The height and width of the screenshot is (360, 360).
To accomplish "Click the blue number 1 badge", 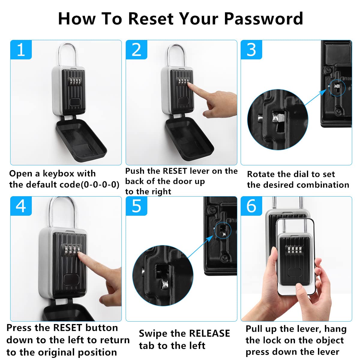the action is (21, 50).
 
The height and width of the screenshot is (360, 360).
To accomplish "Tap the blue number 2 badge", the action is (136, 50).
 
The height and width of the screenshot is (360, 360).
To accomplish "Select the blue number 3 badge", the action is (251, 50).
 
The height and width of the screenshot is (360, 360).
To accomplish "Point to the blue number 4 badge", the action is (21, 206).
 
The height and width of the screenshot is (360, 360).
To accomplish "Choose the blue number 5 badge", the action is (136, 206).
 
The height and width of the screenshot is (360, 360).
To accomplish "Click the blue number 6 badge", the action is (251, 206).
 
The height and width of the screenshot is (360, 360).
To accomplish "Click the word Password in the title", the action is (263, 19).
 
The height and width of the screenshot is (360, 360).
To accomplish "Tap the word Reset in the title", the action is (151, 19).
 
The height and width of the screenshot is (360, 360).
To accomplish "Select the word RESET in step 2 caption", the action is (175, 171).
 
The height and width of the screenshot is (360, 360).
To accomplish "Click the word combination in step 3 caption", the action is (323, 185).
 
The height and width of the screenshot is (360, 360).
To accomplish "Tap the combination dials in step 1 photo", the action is (76, 82).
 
